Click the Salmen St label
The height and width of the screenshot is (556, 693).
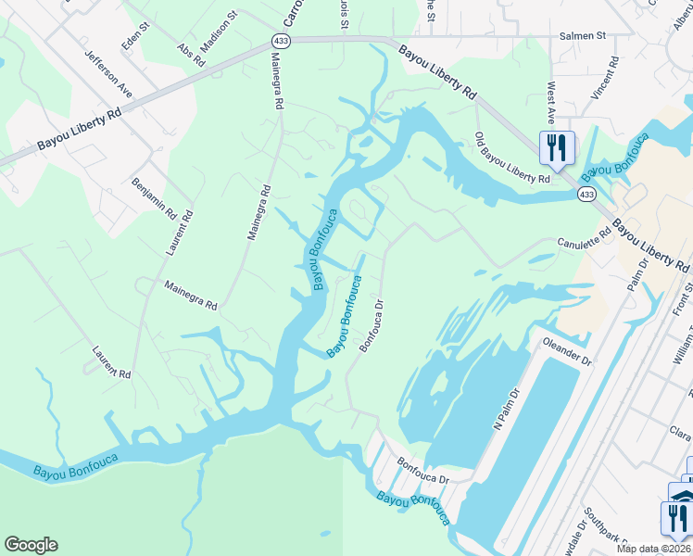[582, 36]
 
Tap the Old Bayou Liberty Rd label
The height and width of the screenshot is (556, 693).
[512, 157]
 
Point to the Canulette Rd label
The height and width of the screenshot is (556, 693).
[585, 244]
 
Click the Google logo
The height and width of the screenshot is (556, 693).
[31, 545]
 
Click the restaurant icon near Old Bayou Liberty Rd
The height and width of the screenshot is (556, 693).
[557, 145]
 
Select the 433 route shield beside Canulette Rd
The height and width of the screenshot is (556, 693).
[586, 194]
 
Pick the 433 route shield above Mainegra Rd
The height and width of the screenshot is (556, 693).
[280, 40]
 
